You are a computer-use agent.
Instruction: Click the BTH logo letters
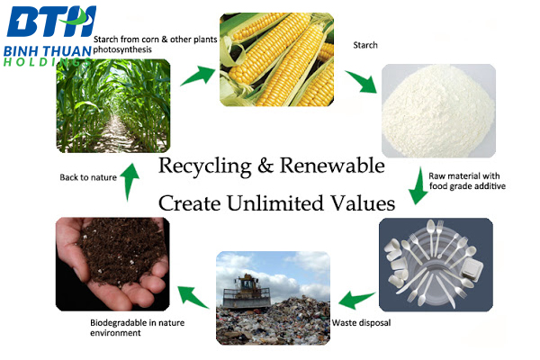click(x=51, y=22)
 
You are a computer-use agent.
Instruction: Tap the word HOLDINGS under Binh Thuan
click(x=48, y=62)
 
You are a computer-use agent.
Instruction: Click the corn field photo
click(x=113, y=106)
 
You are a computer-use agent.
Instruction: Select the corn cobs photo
click(x=277, y=59)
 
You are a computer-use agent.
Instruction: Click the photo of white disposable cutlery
click(x=436, y=265)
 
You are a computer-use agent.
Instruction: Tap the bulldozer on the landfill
click(x=247, y=292)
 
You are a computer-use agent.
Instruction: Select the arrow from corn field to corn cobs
click(x=198, y=76)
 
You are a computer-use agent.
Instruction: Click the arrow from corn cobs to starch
click(x=362, y=82)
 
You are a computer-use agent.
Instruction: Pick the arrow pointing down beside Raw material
click(x=418, y=186)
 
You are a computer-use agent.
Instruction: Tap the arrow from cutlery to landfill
click(x=356, y=299)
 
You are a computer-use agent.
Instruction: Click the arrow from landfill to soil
click(x=193, y=297)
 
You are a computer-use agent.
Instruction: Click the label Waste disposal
click(x=361, y=323)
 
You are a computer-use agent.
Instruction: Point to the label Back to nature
click(x=88, y=177)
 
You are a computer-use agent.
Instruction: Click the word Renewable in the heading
click(x=332, y=166)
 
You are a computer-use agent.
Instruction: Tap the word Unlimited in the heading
click(x=275, y=202)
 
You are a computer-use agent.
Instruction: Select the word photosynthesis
click(x=122, y=50)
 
